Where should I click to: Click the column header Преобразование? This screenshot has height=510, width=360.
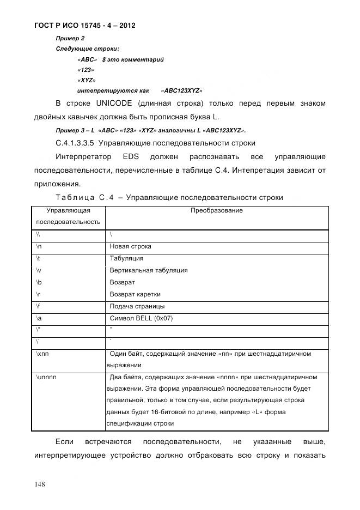click(216, 210)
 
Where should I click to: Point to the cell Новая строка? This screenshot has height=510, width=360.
click(131, 246)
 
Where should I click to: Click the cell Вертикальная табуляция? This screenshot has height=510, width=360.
click(149, 270)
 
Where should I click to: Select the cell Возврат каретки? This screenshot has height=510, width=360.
click(135, 294)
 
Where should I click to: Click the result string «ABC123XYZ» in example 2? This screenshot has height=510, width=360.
click(182, 90)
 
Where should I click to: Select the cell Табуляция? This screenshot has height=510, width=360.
click(126, 258)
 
